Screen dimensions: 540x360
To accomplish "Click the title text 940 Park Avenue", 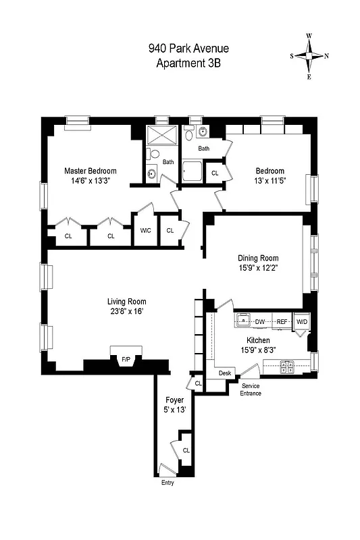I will (188, 49).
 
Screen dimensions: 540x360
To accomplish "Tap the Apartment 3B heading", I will (188, 63).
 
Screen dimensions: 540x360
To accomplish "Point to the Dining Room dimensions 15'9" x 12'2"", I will (258, 268).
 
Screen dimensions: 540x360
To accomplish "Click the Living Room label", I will (127, 302).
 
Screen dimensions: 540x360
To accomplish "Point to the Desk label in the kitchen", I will (225, 373).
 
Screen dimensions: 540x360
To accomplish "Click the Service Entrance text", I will (251, 389).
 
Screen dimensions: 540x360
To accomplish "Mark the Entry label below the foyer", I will (168, 483).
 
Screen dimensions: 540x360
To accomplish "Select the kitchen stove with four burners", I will (287, 367).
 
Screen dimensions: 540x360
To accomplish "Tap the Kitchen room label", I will (258, 340).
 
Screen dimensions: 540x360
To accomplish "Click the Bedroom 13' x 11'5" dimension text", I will (269, 181).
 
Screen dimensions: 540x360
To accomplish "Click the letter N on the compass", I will (326, 56).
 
